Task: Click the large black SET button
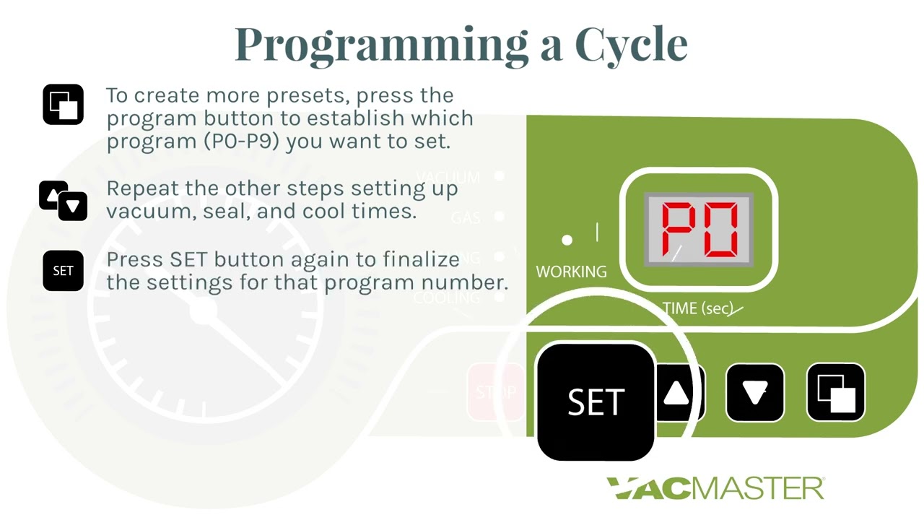coord(596,402)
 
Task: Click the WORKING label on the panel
coord(571,272)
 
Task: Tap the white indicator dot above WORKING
coord(567,240)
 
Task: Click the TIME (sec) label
coord(697,308)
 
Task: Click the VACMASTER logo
coord(715,488)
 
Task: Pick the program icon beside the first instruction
coord(63,105)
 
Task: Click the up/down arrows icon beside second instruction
coord(63,200)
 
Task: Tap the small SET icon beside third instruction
coord(63,271)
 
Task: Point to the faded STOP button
coord(496,392)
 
